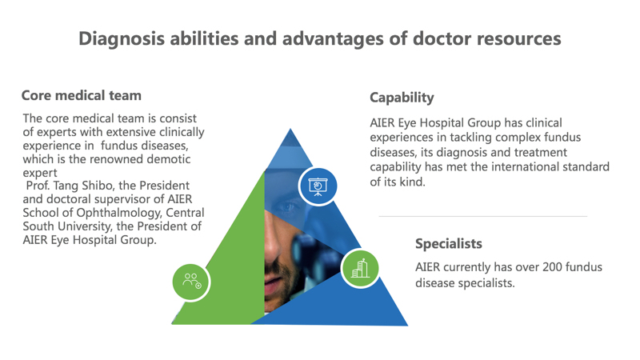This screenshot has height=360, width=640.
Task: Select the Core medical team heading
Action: (82, 95)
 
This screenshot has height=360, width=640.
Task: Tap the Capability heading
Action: (402, 98)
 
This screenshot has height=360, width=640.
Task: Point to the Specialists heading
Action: (449, 244)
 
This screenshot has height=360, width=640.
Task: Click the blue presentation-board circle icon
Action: (318, 186)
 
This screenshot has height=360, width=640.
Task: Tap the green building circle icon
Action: (360, 269)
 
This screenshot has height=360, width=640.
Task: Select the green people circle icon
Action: (191, 282)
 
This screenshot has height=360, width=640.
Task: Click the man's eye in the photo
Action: (289, 206)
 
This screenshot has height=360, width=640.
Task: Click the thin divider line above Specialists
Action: (483, 216)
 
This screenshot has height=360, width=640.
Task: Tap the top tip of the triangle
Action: (290, 129)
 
